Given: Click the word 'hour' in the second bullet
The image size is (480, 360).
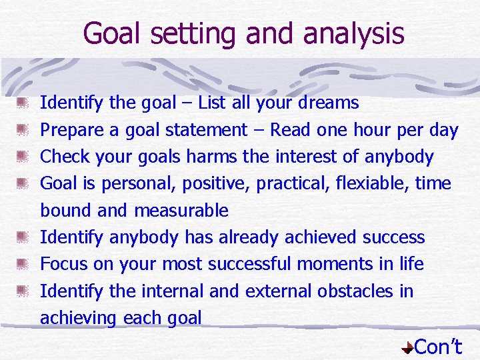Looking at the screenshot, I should [367, 130].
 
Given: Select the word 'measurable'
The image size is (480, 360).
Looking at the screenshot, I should [181, 211].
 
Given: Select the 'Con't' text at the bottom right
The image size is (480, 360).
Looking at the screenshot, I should [438, 346].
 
